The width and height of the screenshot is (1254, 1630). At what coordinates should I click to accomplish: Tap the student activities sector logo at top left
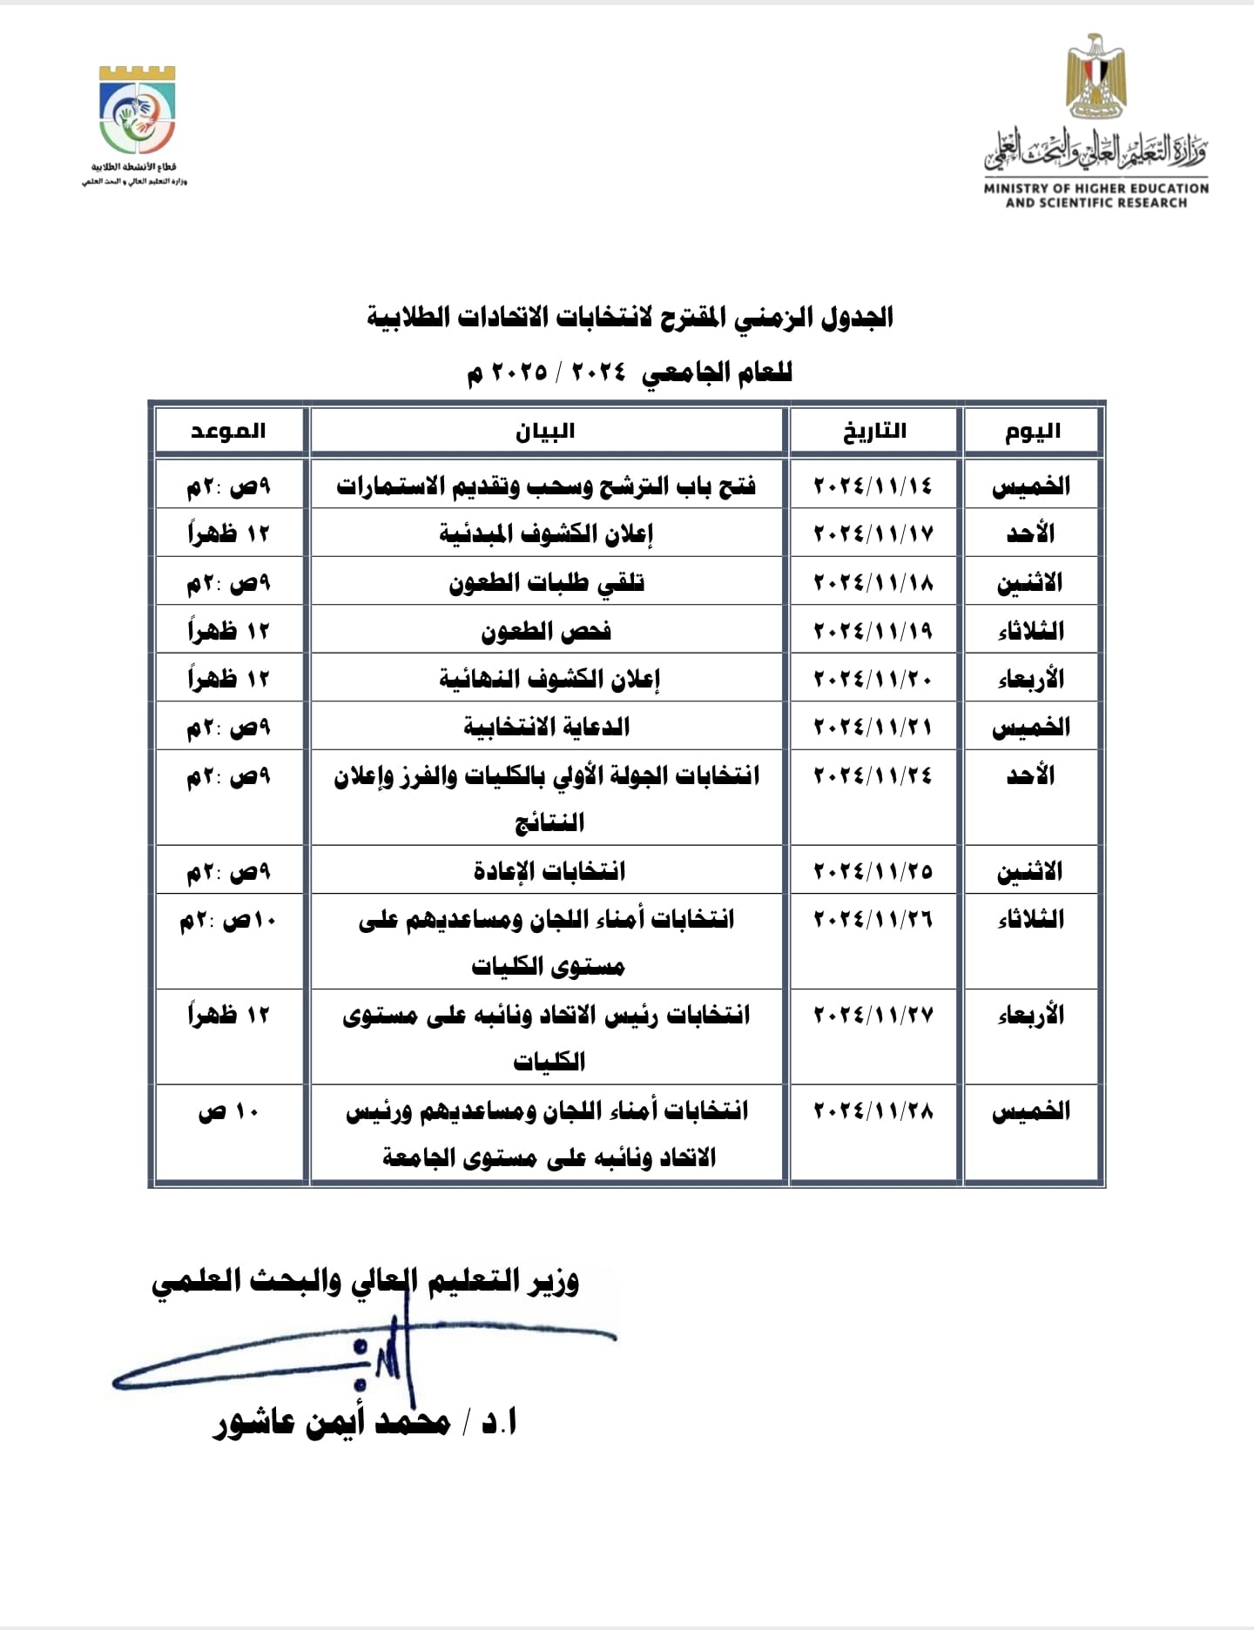coord(138,111)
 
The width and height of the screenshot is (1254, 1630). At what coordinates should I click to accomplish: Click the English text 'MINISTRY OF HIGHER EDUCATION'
coord(1096,188)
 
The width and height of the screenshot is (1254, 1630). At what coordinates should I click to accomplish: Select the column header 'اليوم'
coord(1033,432)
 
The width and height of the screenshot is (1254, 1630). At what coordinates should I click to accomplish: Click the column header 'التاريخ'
coord(874,432)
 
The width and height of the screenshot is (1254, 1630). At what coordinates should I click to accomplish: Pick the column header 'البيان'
coord(546,432)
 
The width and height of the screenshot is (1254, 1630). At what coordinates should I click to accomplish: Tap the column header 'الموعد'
coord(228,432)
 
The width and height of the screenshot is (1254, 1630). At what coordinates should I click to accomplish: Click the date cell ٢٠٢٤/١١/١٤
coord(873,486)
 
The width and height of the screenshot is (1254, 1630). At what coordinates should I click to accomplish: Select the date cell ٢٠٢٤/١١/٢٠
coord(873,678)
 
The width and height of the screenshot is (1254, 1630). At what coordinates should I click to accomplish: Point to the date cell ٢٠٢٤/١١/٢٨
coord(873,1110)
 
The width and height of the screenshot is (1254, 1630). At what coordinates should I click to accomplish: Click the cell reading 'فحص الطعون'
coord(546,631)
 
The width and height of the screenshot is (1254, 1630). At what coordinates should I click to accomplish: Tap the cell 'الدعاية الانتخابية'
coord(546,727)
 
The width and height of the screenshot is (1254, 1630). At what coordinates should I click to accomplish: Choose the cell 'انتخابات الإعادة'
coord(549,871)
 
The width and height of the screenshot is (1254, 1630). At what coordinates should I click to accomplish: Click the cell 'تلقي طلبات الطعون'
coord(546,582)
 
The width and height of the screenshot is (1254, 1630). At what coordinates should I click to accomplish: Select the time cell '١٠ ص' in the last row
coord(228,1111)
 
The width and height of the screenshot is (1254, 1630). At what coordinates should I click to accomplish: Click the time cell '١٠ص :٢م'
coord(228,920)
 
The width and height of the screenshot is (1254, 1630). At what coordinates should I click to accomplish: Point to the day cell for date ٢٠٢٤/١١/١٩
coord(1031,631)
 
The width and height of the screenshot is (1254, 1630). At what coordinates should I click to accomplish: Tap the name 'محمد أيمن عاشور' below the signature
coord(331,1423)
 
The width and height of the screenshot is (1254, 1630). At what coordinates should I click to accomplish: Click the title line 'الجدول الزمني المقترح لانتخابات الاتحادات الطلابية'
coord(630,318)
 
